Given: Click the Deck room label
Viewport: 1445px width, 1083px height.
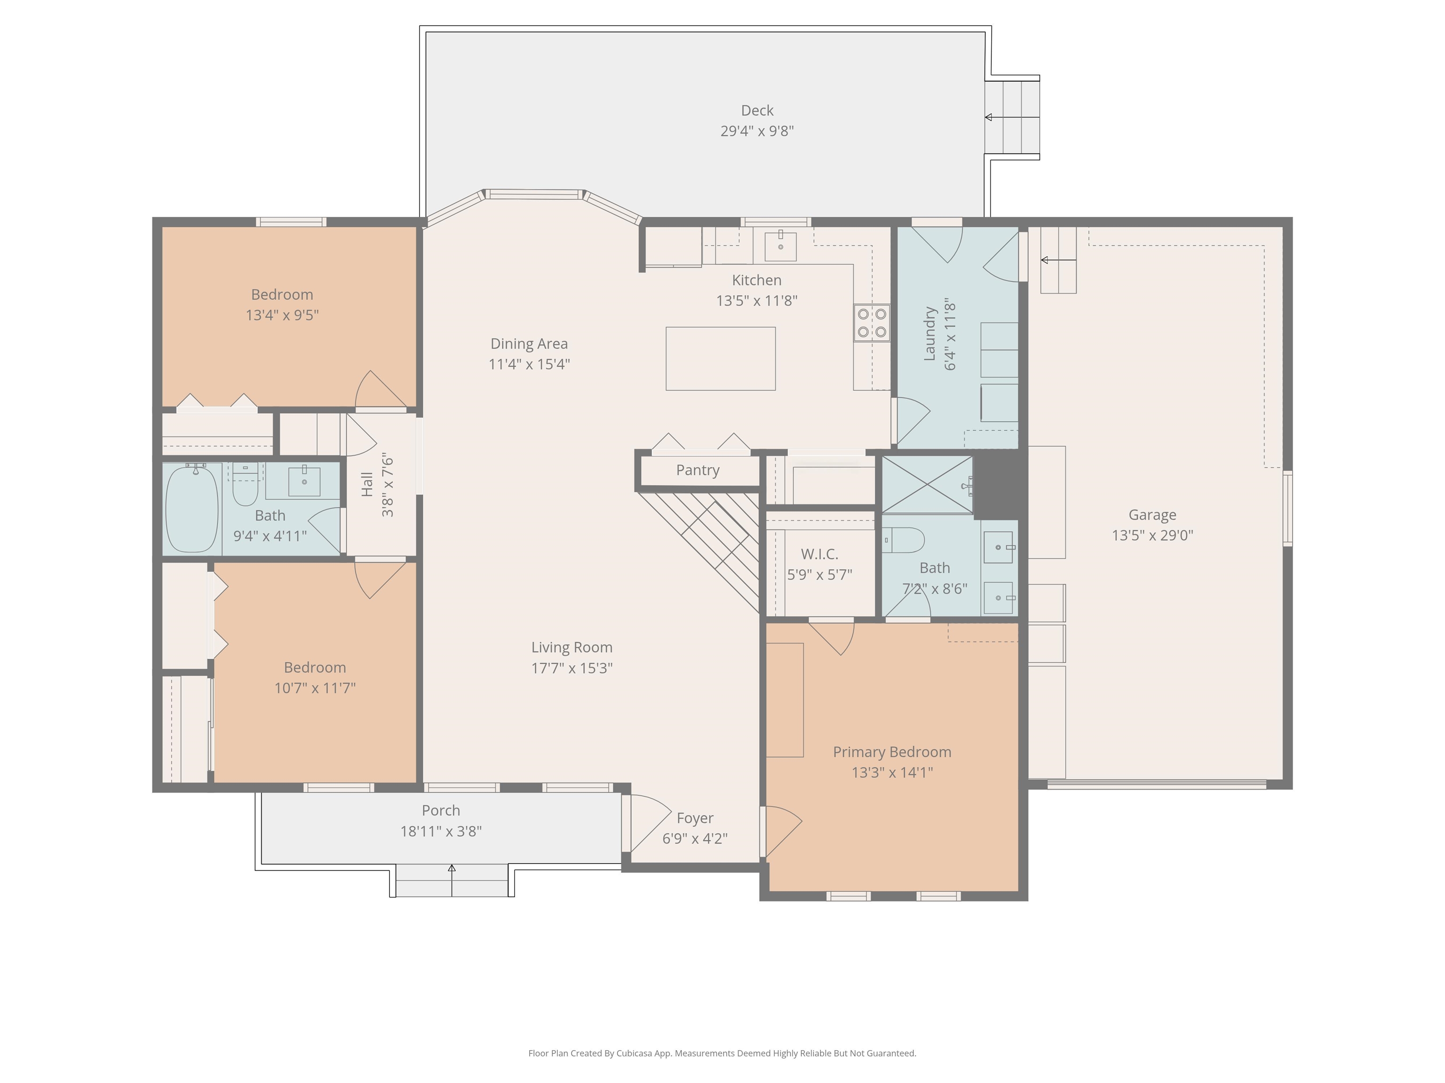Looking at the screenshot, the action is [757, 110].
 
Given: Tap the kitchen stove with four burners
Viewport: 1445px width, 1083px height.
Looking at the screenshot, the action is [872, 322].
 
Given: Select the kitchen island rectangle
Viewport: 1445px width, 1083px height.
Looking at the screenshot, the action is [721, 358].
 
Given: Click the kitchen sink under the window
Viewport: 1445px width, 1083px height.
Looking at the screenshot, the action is [781, 246].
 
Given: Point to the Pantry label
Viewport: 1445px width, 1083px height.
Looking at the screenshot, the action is [698, 470].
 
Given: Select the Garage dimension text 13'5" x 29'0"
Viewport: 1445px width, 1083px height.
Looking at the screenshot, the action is [1152, 535].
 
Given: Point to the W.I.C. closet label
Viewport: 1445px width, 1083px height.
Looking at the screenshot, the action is [819, 554].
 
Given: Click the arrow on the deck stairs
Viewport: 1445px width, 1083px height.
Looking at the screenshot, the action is [1012, 118].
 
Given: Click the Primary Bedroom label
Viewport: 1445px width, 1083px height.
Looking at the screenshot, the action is [892, 752].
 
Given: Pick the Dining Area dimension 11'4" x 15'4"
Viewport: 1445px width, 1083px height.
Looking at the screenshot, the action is [529, 364].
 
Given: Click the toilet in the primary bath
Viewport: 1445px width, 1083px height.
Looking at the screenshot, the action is [904, 541].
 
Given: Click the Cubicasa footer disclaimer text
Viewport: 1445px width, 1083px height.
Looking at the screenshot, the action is [722, 1053].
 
